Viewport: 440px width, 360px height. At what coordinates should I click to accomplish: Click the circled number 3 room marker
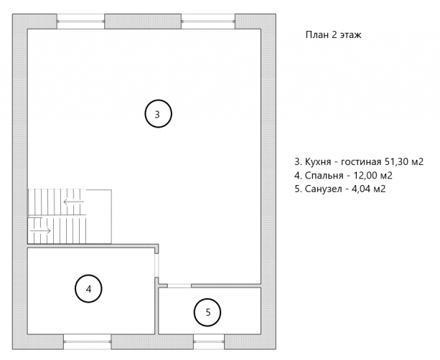(x=158, y=113)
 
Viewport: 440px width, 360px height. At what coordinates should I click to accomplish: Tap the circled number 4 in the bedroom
(x=88, y=289)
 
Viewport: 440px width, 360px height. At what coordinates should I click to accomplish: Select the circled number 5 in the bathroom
(x=207, y=313)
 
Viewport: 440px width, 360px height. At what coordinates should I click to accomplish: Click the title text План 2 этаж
(x=333, y=34)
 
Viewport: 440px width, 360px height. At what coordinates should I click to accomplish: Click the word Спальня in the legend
(x=324, y=176)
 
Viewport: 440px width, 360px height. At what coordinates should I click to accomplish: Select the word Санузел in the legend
(x=323, y=189)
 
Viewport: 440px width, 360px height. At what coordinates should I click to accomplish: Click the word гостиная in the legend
(x=361, y=162)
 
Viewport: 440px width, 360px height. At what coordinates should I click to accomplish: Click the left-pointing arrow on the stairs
(x=74, y=202)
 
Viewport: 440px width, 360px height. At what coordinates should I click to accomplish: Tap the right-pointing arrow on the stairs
(x=40, y=231)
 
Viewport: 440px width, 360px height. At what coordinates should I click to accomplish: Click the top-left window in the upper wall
(x=81, y=22)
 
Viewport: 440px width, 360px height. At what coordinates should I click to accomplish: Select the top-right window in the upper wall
(x=208, y=22)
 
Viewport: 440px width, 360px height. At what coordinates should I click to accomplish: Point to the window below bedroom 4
(x=88, y=342)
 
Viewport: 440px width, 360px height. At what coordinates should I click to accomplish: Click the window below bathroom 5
(x=209, y=342)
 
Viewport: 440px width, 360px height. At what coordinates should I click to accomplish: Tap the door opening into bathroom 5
(x=179, y=285)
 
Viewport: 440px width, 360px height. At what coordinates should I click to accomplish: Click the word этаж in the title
(x=351, y=35)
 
